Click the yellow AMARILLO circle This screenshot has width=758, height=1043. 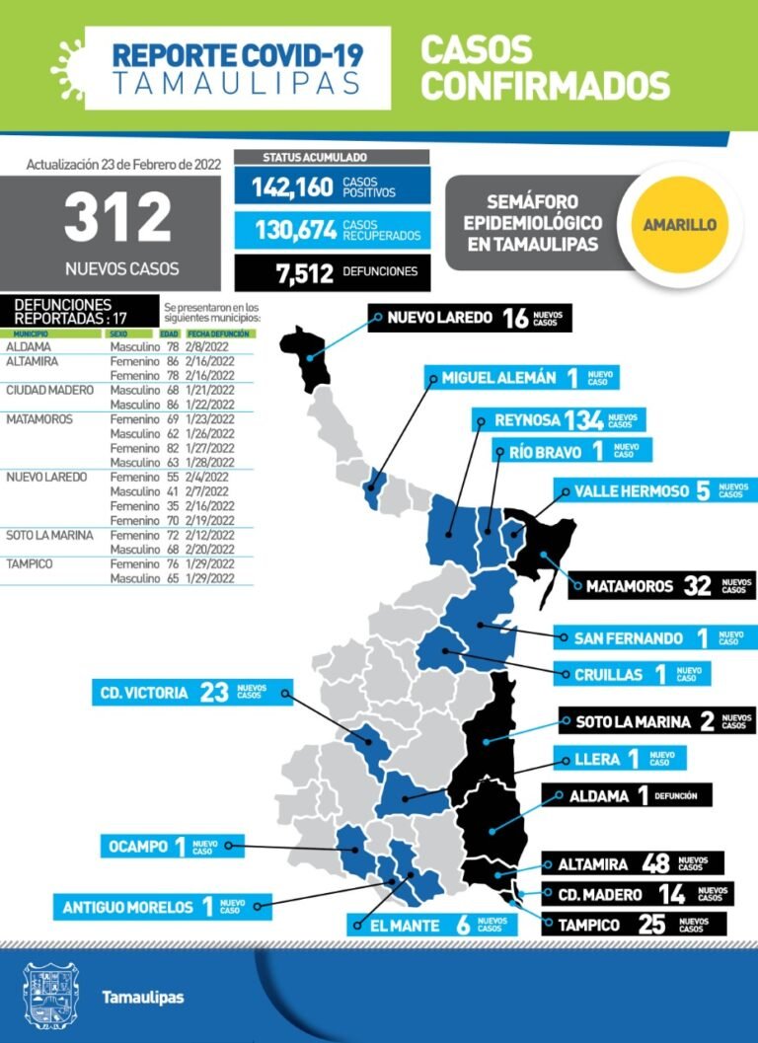coord(679,224)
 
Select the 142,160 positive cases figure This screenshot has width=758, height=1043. coord(292,186)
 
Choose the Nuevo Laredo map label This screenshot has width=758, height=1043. coord(469,318)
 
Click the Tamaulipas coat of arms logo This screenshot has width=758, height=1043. coord(49,997)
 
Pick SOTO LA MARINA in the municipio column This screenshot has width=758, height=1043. coord(49,535)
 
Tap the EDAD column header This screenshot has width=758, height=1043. coord(170,335)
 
